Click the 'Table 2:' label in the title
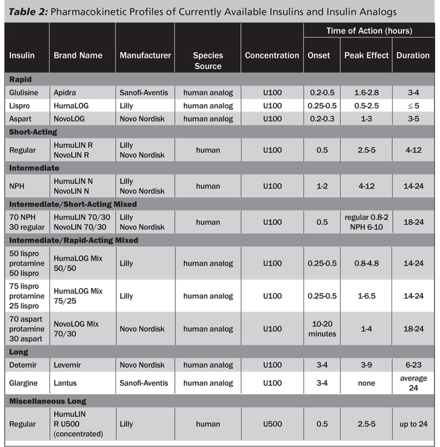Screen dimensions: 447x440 pos(28,12)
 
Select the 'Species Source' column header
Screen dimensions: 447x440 pos(207,60)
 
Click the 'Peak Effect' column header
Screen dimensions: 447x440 pos(366,55)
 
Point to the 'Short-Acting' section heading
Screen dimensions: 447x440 pos(33,132)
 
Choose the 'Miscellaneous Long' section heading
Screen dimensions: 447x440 pos(48,401)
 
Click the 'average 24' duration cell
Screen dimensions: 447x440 pos(413,383)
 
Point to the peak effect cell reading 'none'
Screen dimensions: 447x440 pos(366,383)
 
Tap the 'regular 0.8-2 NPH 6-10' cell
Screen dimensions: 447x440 pos(366,222)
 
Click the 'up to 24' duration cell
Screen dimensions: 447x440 pos(413,424)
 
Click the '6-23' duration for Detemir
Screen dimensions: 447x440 pos(413,365)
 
